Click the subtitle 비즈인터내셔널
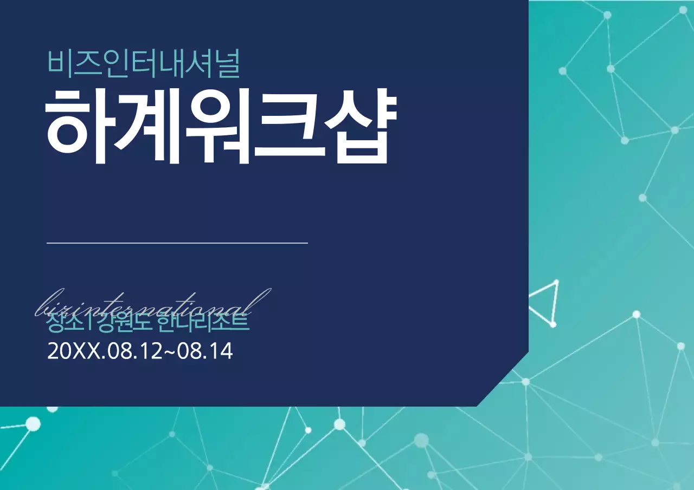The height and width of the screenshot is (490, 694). (x=144, y=62)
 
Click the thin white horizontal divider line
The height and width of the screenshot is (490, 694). (x=177, y=243)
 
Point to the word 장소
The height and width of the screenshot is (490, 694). (x=64, y=324)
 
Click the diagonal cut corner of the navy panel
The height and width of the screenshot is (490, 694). (x=503, y=379)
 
